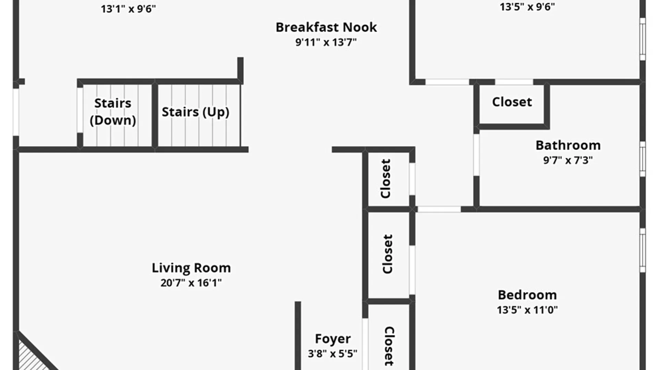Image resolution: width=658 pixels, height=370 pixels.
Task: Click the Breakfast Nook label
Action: (x=326, y=27)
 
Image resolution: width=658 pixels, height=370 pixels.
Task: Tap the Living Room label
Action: (x=191, y=268)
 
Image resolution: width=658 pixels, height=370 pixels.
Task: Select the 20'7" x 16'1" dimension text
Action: (x=191, y=283)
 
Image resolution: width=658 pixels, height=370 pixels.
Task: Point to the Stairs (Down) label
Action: (x=113, y=112)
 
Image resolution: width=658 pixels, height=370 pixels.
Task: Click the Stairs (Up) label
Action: (x=195, y=112)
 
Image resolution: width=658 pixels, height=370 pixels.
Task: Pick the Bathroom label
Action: (x=568, y=145)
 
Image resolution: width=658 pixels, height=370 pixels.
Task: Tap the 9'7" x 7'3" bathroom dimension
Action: (x=568, y=160)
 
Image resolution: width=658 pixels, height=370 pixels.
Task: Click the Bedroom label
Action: (x=527, y=295)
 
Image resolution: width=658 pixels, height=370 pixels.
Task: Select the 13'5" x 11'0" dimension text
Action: (x=527, y=310)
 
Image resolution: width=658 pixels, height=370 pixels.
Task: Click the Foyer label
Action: (x=333, y=339)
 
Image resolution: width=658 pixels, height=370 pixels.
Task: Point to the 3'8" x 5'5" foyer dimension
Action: (x=332, y=354)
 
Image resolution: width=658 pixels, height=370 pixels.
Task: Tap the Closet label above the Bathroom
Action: (x=512, y=102)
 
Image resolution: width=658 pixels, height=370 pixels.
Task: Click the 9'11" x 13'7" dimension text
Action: (x=326, y=42)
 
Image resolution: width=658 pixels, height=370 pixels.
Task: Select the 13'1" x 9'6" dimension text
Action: (x=128, y=9)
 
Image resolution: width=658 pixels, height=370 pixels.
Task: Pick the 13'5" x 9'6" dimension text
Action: (x=527, y=7)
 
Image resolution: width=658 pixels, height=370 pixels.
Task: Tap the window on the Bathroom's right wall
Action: (x=643, y=159)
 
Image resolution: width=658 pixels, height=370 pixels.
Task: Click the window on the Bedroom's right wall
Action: (x=643, y=250)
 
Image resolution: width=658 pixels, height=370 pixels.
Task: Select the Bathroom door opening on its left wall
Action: (x=476, y=155)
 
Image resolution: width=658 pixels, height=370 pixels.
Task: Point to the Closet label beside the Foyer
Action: (x=389, y=346)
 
